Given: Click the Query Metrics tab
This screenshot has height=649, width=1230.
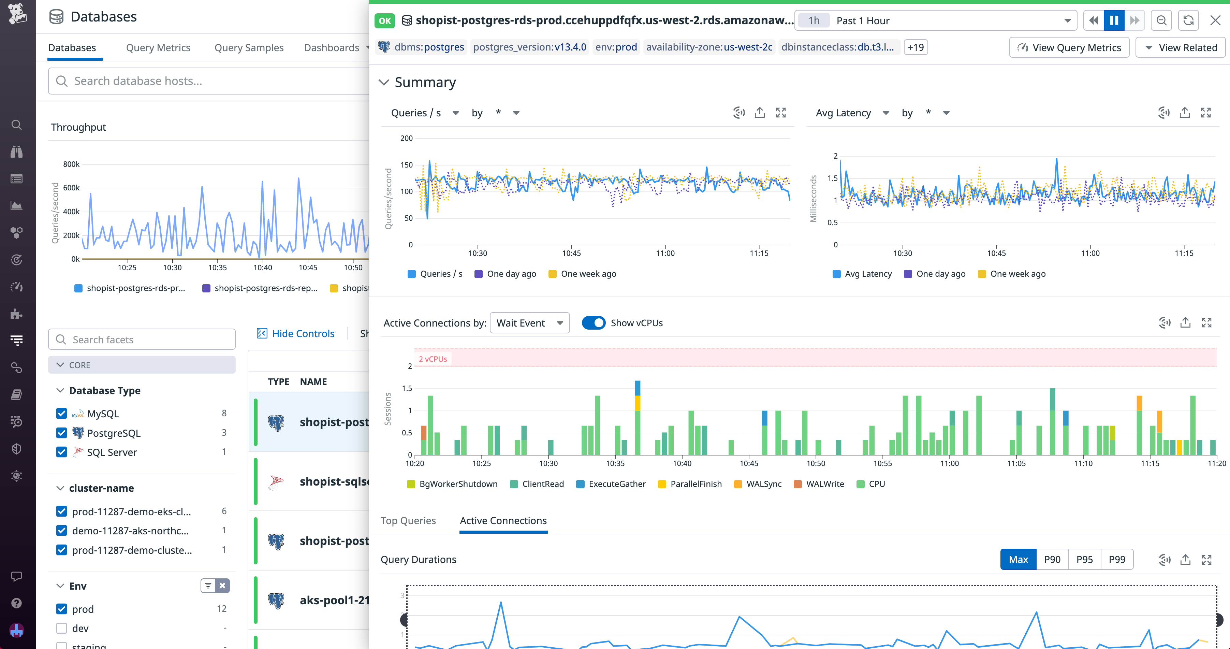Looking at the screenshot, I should pos(158,48).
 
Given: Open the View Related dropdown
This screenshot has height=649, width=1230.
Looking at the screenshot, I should pos(1180,48).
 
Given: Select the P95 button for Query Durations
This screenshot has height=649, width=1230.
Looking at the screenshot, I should pos(1084,559).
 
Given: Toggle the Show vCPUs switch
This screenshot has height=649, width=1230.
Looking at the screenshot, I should pos(593,323).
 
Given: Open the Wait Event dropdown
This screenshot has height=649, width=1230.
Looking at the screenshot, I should pos(529,323).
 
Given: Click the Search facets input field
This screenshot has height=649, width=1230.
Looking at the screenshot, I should pos(142,340).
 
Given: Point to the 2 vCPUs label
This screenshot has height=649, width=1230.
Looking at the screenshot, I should pos(433,359).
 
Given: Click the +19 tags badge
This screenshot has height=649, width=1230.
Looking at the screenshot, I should pos(916,47).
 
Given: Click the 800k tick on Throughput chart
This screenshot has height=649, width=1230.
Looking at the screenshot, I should pos(71,164).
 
